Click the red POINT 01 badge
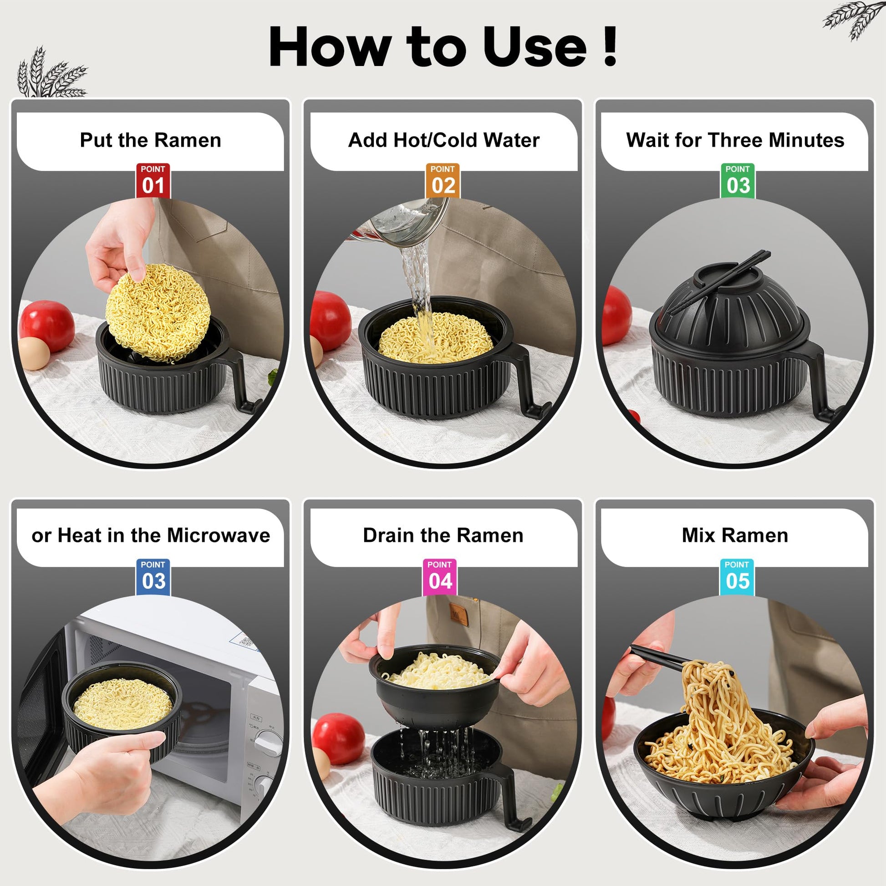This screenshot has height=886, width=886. (x=153, y=181)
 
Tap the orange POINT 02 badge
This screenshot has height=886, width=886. (x=443, y=181)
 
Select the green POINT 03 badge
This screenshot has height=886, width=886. (x=738, y=181)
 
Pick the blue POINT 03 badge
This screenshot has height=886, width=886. (x=153, y=576)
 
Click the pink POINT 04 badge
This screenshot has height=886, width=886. (x=439, y=576)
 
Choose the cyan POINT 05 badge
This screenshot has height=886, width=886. (x=737, y=576)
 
